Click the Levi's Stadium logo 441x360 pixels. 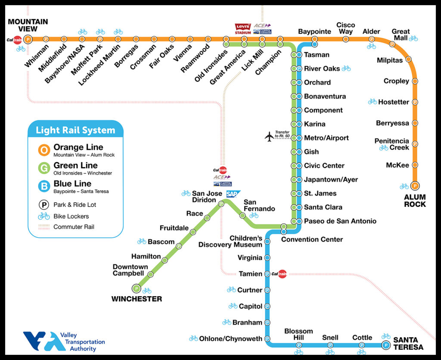pyautogui.click(x=242, y=29)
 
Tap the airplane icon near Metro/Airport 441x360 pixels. pyautogui.click(x=269, y=137)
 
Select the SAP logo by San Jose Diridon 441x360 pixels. pyautogui.click(x=233, y=194)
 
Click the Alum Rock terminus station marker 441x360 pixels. pyautogui.click(x=415, y=186)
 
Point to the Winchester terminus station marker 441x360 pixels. pyautogui.click(x=136, y=288)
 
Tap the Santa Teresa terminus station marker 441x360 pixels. pyautogui.click(x=386, y=344)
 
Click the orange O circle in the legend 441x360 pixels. pyautogui.click(x=43, y=150)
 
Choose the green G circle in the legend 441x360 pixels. pyautogui.click(x=43, y=168)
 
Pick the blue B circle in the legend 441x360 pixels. pyautogui.click(x=43, y=186)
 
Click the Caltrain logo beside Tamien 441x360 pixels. pyautogui.click(x=282, y=274)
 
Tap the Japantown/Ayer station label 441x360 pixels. pyautogui.click(x=331, y=179)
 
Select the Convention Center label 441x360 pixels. pyautogui.click(x=312, y=239)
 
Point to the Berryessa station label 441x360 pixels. pyautogui.click(x=392, y=123)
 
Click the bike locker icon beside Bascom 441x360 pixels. pyautogui.click(x=142, y=241)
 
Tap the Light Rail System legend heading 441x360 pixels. pyautogui.click(x=75, y=130)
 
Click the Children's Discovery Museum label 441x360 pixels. pyautogui.click(x=230, y=241)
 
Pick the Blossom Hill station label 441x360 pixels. pyautogui.click(x=298, y=335)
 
